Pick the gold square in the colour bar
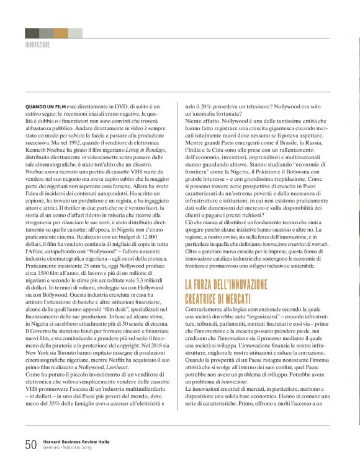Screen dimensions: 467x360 [x=61, y=33]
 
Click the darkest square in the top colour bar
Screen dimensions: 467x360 [x=32, y=33]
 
